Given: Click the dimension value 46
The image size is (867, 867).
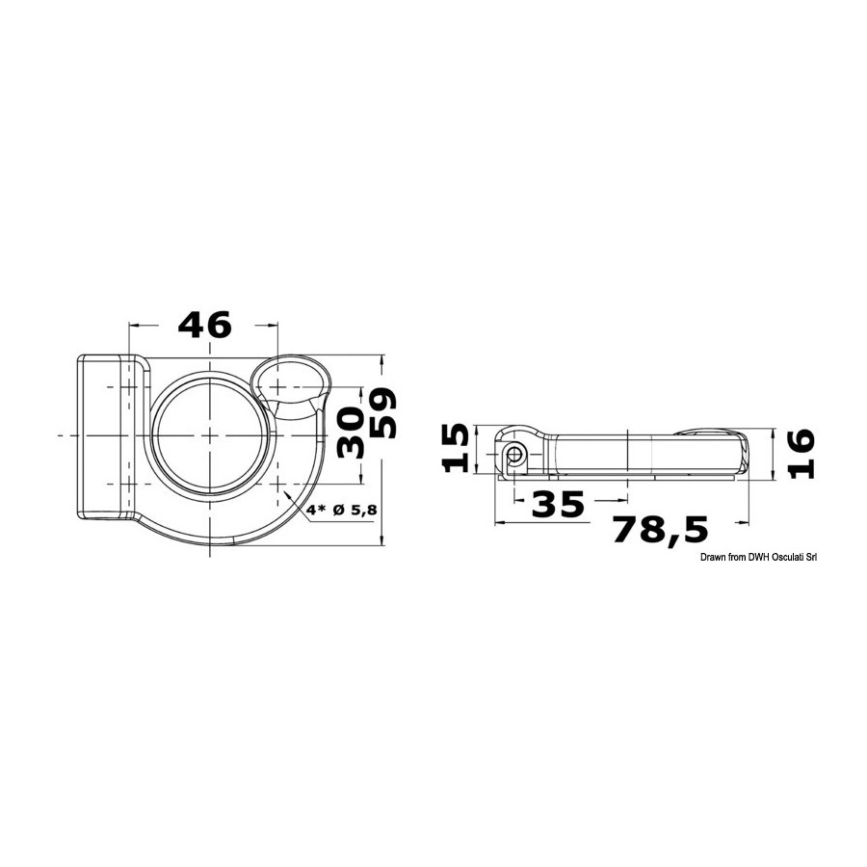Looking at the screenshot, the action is pyautogui.click(x=204, y=325).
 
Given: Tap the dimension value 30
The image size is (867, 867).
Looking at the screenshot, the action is pyautogui.click(x=350, y=433).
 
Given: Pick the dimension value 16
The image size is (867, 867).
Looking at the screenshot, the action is pyautogui.click(x=801, y=454).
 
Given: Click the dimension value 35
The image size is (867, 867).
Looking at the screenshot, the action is pyautogui.click(x=558, y=504).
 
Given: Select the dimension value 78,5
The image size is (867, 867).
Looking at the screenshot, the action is pyautogui.click(x=661, y=530).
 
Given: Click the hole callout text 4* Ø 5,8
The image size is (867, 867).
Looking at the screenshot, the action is pyautogui.click(x=342, y=510).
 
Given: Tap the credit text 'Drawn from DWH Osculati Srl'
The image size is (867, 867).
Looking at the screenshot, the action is pyautogui.click(x=758, y=558).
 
